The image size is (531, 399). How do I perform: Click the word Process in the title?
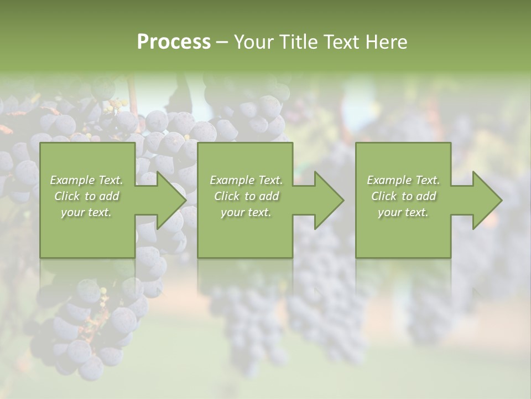point(174,42)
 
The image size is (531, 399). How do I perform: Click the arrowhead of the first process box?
point(169,200)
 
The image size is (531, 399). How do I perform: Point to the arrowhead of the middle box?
point(327,200)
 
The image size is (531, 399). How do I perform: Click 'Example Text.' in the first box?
point(87,180)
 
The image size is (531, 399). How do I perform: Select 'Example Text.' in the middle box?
point(246,180)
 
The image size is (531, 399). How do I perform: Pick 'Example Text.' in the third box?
point(403,180)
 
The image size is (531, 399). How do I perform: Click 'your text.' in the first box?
point(86,213)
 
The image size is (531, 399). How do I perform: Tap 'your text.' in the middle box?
point(246,213)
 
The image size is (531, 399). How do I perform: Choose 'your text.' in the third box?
point(403,213)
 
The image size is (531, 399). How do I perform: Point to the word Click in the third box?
point(384,196)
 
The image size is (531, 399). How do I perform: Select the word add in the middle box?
point(269,196)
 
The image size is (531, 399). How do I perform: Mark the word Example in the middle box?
point(231,180)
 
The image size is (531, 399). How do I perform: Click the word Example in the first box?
point(72,180)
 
